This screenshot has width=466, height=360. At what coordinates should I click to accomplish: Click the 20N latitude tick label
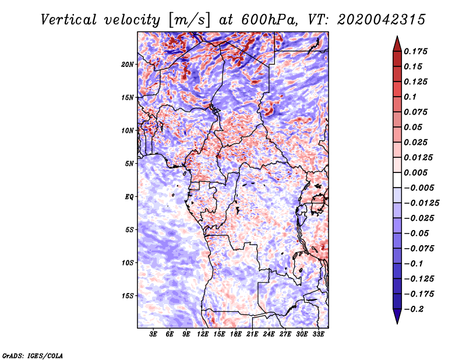coord(128,64)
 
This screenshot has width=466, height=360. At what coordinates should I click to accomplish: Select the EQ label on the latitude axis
coord(129,196)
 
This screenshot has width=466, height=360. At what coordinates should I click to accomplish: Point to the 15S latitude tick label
coord(128,295)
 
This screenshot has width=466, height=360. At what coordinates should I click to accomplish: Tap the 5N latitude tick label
coord(129,163)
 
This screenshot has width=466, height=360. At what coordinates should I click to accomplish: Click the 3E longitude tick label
coord(154,334)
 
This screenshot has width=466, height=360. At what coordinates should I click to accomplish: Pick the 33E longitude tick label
coord(318,334)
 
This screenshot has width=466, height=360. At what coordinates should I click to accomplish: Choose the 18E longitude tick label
coord(236,334)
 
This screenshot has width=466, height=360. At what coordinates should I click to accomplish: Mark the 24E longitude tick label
coord(269,334)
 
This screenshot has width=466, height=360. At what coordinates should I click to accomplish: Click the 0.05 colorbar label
coord(414,127)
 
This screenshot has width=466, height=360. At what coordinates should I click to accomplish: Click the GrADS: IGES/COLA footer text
coord(32,355)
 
